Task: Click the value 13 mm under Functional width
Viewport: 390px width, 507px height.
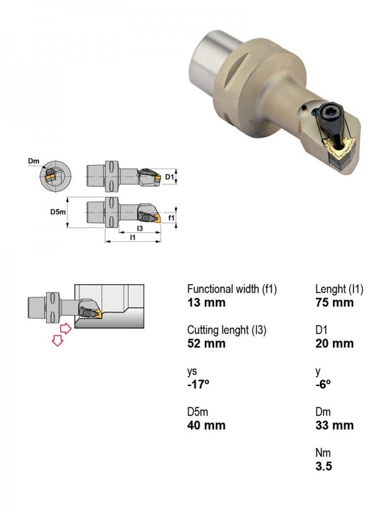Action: click(x=206, y=303)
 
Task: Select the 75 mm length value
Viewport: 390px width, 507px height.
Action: click(x=334, y=303)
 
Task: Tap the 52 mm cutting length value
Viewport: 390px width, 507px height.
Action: click(x=206, y=343)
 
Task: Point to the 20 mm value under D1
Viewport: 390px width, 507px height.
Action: click(x=334, y=343)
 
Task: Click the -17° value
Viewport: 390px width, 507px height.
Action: click(x=198, y=384)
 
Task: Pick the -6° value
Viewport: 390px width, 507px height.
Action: click(x=323, y=384)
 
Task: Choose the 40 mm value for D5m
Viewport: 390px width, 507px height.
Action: click(x=206, y=425)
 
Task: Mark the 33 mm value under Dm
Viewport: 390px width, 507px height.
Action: click(x=334, y=425)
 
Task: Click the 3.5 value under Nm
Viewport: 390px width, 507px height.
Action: click(x=324, y=466)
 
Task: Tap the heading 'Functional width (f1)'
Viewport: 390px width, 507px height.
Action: click(x=232, y=289)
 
